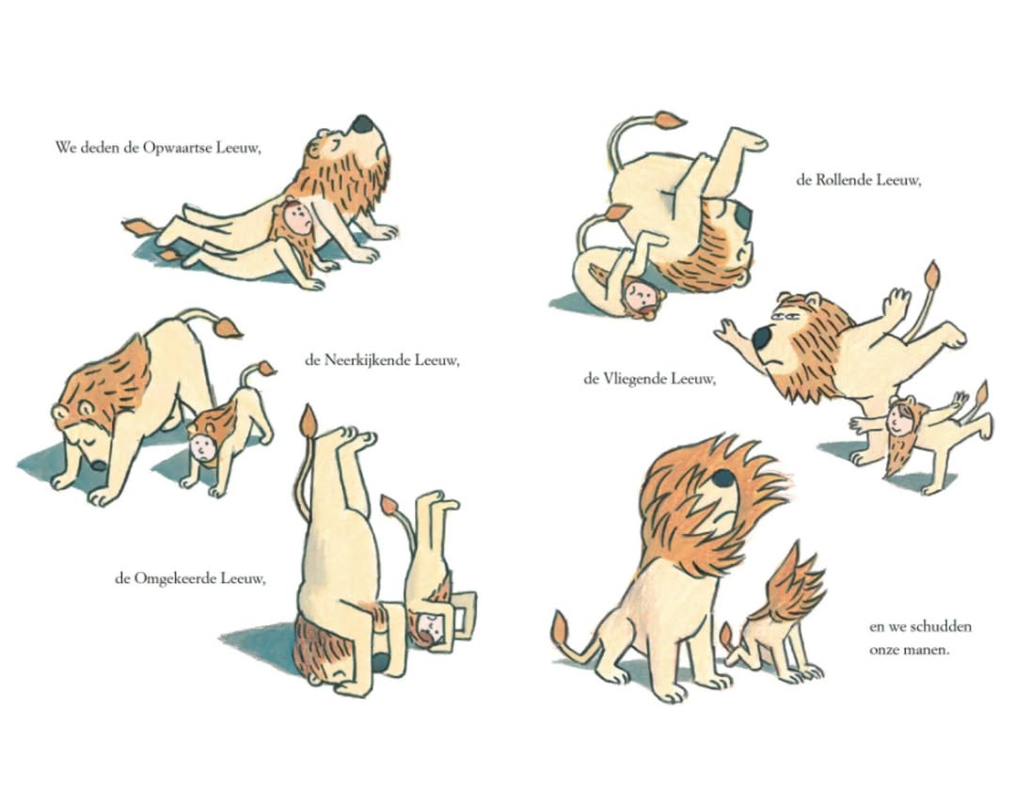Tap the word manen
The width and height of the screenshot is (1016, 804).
click(x=929, y=650)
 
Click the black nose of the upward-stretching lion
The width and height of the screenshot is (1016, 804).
click(x=361, y=124)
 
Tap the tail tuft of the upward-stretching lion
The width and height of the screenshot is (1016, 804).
click(x=137, y=228)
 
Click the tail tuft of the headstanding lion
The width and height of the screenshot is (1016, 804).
click(x=309, y=421)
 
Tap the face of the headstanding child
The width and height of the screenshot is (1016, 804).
click(x=429, y=626)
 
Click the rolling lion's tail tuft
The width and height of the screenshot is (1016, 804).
click(x=670, y=120)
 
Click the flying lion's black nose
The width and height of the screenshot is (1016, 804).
click(x=761, y=337)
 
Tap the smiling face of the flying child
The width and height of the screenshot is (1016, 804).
click(x=899, y=419)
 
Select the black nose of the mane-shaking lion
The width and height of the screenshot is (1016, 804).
click(x=722, y=478)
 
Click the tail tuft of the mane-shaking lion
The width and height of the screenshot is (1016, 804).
click(x=560, y=631)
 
